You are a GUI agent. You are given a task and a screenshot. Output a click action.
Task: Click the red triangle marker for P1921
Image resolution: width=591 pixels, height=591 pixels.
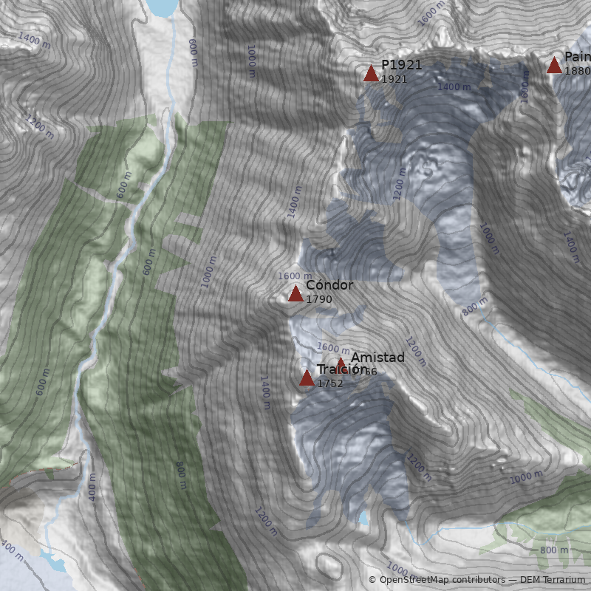[371, 72]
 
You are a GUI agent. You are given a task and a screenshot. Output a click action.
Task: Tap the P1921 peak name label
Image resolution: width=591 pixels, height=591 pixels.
[401, 65]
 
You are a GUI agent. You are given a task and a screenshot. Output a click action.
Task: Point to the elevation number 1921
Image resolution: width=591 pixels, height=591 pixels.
[394, 79]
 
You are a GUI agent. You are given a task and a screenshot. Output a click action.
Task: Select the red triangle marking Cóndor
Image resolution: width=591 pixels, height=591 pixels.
[295, 294]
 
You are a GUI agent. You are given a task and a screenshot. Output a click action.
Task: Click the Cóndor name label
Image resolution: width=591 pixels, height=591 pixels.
[329, 285]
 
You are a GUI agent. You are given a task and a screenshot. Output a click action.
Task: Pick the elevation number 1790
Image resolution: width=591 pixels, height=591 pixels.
[318, 299]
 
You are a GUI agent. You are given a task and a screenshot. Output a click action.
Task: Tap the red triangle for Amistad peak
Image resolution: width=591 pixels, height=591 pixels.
[341, 362]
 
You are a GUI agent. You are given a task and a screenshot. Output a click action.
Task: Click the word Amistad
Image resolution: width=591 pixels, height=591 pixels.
[378, 358]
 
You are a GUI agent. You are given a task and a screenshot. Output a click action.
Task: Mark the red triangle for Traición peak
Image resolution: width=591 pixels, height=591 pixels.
[307, 378]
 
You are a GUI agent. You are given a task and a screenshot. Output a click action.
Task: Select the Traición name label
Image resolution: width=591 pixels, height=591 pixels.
[342, 369]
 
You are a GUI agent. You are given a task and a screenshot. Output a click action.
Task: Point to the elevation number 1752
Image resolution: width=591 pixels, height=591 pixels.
[329, 383]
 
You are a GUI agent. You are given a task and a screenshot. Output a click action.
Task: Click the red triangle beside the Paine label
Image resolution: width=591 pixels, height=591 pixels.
[554, 65]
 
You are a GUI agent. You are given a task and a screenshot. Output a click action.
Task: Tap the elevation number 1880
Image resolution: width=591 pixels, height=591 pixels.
[577, 71]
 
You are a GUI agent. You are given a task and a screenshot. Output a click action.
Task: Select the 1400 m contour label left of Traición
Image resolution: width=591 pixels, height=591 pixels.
[264, 392]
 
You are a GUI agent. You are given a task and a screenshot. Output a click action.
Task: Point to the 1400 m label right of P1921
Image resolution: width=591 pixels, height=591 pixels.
[454, 87]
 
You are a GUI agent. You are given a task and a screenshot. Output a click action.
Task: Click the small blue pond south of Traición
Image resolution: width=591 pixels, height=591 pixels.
[363, 518]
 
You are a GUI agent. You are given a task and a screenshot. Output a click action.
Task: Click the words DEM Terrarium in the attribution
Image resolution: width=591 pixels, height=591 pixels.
[552, 580]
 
